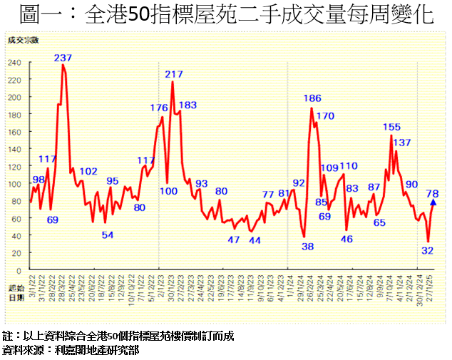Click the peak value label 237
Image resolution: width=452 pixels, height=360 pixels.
coord(63,58)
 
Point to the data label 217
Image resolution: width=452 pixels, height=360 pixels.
coord(174,74)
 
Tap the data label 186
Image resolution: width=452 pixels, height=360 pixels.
coord(312,98)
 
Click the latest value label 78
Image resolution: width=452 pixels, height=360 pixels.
coord(432,193)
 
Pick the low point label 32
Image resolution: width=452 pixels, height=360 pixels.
coord(428,251)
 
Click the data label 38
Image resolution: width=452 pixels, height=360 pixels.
coord(308,246)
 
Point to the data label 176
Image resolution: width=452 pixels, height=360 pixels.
coord(159,108)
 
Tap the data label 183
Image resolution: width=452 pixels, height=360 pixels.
coord(188,106)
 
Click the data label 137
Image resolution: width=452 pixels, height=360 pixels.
coord(402,143)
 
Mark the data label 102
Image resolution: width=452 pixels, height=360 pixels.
coord(88,171)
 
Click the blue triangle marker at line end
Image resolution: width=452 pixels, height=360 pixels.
coord(433,202)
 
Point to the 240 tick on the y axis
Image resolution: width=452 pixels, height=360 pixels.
coord(14,62)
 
